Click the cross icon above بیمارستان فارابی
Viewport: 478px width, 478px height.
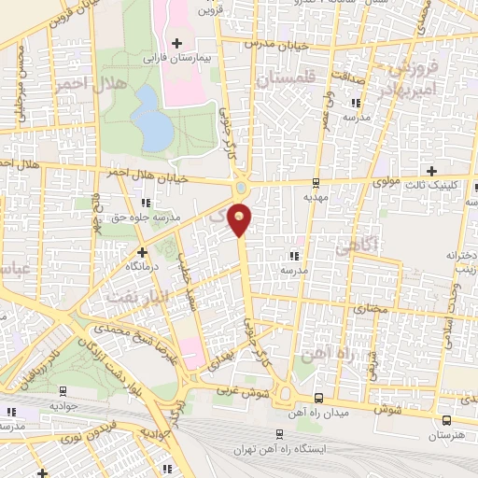(176, 43)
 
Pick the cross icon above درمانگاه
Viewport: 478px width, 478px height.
(142, 251)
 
